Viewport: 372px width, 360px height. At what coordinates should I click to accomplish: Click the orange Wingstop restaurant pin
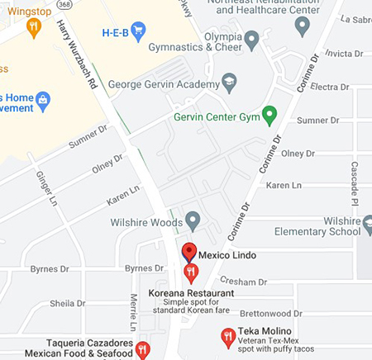33,27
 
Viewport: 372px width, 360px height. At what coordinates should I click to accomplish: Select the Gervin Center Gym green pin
269,114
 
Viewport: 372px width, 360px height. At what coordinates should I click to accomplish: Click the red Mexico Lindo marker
188,253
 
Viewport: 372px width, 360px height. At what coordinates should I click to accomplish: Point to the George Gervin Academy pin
230,83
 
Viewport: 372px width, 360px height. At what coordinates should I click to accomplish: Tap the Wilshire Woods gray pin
193,221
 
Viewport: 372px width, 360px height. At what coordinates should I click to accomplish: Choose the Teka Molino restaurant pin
228,336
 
